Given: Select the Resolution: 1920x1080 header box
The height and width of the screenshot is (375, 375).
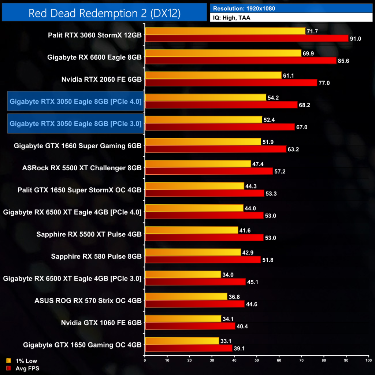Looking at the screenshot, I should click(x=291, y=8).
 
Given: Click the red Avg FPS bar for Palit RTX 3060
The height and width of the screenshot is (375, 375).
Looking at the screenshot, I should click(x=246, y=38).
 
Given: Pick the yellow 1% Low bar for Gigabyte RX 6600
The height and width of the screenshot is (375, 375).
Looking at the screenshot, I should click(x=223, y=53).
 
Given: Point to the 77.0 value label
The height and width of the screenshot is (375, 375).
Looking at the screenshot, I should click(x=324, y=83).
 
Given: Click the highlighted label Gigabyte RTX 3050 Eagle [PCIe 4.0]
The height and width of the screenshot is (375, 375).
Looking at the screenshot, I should click(x=75, y=101).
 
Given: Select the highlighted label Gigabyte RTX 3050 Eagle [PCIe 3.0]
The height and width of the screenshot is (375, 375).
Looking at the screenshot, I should click(x=75, y=123).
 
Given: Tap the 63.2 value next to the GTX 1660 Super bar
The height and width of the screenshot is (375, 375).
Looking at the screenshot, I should click(x=293, y=149).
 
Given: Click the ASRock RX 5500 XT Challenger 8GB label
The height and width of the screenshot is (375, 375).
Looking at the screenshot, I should click(x=82, y=168).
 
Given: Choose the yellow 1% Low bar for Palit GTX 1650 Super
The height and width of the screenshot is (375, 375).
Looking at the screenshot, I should click(x=194, y=186).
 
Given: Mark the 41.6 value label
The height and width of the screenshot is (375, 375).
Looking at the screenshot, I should click(x=245, y=230).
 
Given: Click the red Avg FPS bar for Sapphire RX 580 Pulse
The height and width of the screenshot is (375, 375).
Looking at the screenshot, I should click(x=203, y=260).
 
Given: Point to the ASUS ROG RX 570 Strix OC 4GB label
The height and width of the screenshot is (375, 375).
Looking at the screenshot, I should click(x=88, y=300).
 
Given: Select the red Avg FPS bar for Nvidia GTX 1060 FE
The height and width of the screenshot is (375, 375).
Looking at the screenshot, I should click(x=190, y=326).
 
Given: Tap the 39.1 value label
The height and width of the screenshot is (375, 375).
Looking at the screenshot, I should click(x=240, y=348).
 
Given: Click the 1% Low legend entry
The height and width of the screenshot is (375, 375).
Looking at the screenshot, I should click(x=22, y=361).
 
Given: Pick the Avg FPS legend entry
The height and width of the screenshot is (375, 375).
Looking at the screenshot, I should click(x=23, y=368).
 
